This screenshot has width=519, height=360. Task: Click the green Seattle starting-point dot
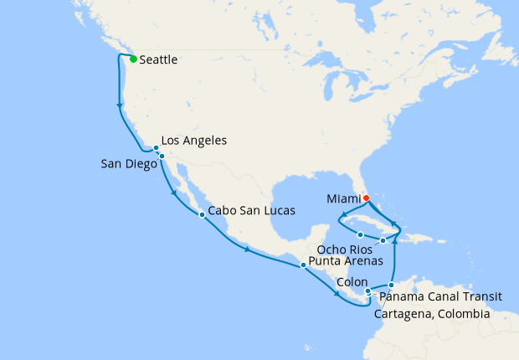pyautogui.click(x=133, y=59)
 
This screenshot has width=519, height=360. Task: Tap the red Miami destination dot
pyautogui.click(x=366, y=198)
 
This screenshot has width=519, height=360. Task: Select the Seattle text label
pyautogui.click(x=158, y=59)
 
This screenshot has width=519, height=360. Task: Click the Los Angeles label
pyautogui.click(x=193, y=141)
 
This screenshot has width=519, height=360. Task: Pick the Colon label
pyautogui.click(x=351, y=282)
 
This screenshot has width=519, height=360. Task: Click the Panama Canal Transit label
pyautogui.click(x=440, y=296)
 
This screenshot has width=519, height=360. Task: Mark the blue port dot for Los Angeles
pyautogui.click(x=156, y=148)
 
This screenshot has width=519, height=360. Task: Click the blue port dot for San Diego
pyautogui.click(x=162, y=157)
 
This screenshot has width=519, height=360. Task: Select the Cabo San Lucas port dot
pyautogui.click(x=202, y=215)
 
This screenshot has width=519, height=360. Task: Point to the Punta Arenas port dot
pyautogui.click(x=303, y=265)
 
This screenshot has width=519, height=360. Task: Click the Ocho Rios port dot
pyautogui.click(x=360, y=234)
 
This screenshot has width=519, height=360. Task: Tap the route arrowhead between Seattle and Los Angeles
pyautogui.click(x=120, y=105)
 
